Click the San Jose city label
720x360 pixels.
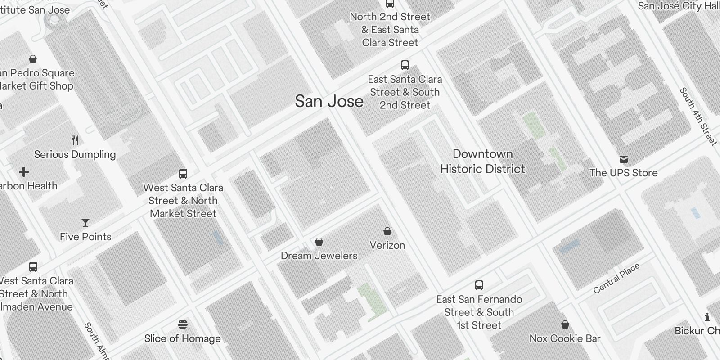(x=329, y=101)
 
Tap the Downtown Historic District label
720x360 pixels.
(x=483, y=162)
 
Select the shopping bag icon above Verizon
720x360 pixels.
(x=387, y=231)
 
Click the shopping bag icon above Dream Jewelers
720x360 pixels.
(x=319, y=242)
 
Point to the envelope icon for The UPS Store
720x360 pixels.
(x=624, y=159)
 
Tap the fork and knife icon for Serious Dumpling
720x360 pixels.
(x=75, y=140)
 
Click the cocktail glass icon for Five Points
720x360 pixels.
(x=85, y=223)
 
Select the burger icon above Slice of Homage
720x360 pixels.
(x=183, y=324)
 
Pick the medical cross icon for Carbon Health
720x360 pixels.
(x=24, y=172)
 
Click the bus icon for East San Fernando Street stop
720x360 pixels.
(x=479, y=285)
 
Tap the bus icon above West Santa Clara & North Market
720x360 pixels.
(x=183, y=173)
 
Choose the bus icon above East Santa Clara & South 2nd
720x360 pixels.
(x=405, y=65)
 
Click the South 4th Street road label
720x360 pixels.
(x=698, y=117)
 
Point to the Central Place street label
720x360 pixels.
(x=616, y=279)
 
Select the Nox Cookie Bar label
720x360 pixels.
(x=565, y=338)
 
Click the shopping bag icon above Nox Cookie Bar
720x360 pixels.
(x=565, y=324)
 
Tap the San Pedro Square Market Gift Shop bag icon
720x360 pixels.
(x=33, y=59)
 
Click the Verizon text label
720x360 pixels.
(x=387, y=245)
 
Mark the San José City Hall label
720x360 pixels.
(x=679, y=6)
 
